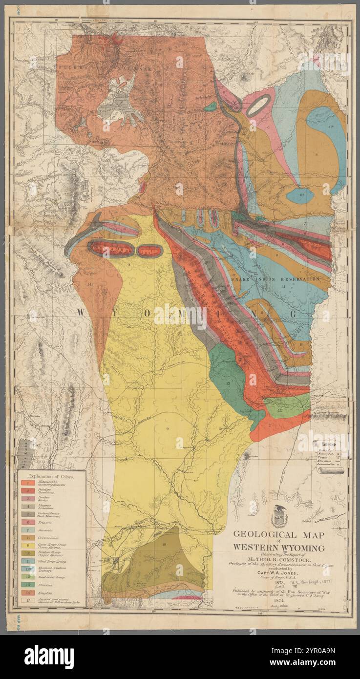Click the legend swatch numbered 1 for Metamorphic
coord(28,483)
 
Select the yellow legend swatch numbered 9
coord(28,545)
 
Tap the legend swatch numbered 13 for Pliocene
coord(28,584)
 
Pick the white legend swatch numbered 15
coord(28,600)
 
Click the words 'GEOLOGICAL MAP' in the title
coord(278,535)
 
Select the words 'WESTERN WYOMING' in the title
coord(278,548)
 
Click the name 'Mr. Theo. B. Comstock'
coord(279,559)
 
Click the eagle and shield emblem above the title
coord(279,516)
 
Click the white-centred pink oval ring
coord(258,105)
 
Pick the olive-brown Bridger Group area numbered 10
coord(161,562)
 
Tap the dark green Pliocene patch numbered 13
coord(227,374)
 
